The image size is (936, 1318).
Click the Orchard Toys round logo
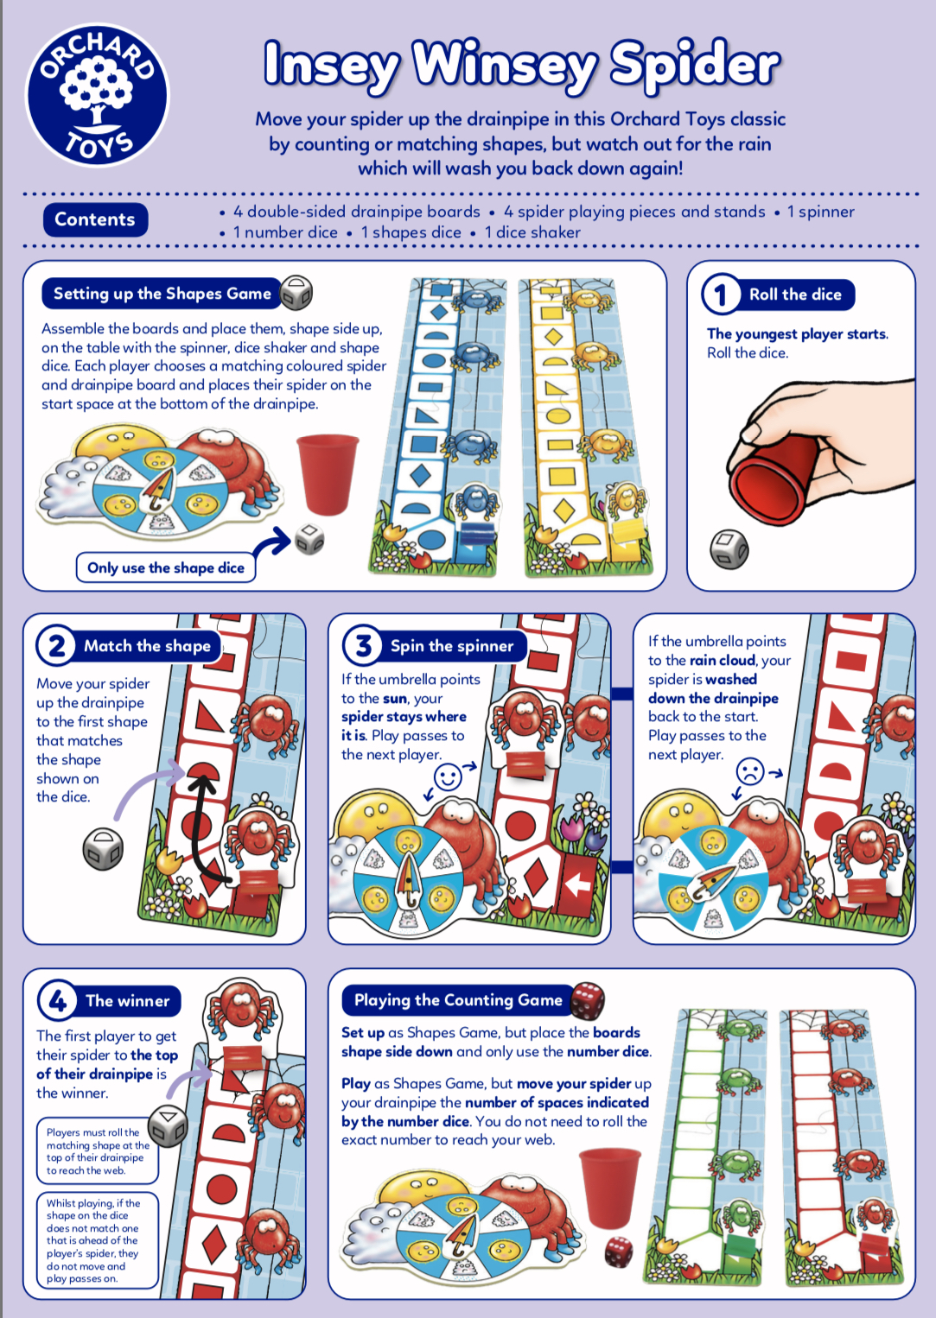97,95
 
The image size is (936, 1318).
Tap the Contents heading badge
95,219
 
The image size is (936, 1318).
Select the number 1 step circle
720,295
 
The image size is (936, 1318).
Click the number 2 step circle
56,645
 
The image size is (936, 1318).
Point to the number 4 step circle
57,1000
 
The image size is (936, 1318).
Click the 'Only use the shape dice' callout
166,567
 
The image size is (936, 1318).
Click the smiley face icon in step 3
448,776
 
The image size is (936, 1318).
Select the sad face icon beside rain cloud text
750,771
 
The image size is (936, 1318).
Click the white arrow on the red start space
577,884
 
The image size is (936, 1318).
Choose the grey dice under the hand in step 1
729,549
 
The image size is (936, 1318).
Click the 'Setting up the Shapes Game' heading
162,293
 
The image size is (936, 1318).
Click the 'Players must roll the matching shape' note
98,1151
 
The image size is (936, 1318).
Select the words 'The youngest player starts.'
798,333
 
